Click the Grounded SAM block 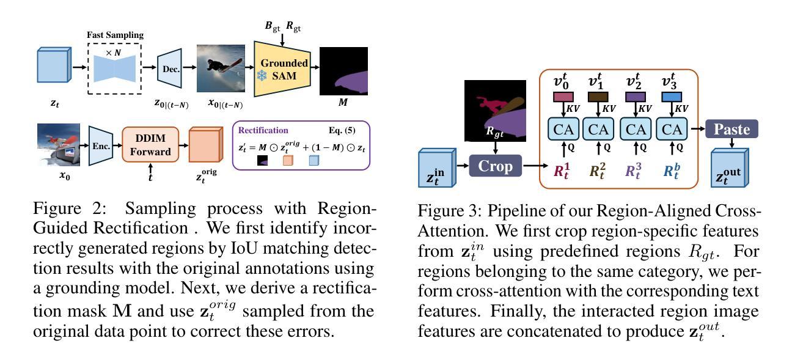point(284,70)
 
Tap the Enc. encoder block point(101,145)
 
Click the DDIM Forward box point(150,145)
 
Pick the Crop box point(495,166)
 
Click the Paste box point(732,129)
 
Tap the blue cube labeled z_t point(54,69)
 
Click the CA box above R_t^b point(672,129)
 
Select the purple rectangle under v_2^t point(636,97)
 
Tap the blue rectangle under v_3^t point(672,97)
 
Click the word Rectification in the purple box point(263,130)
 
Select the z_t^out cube point(731,167)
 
